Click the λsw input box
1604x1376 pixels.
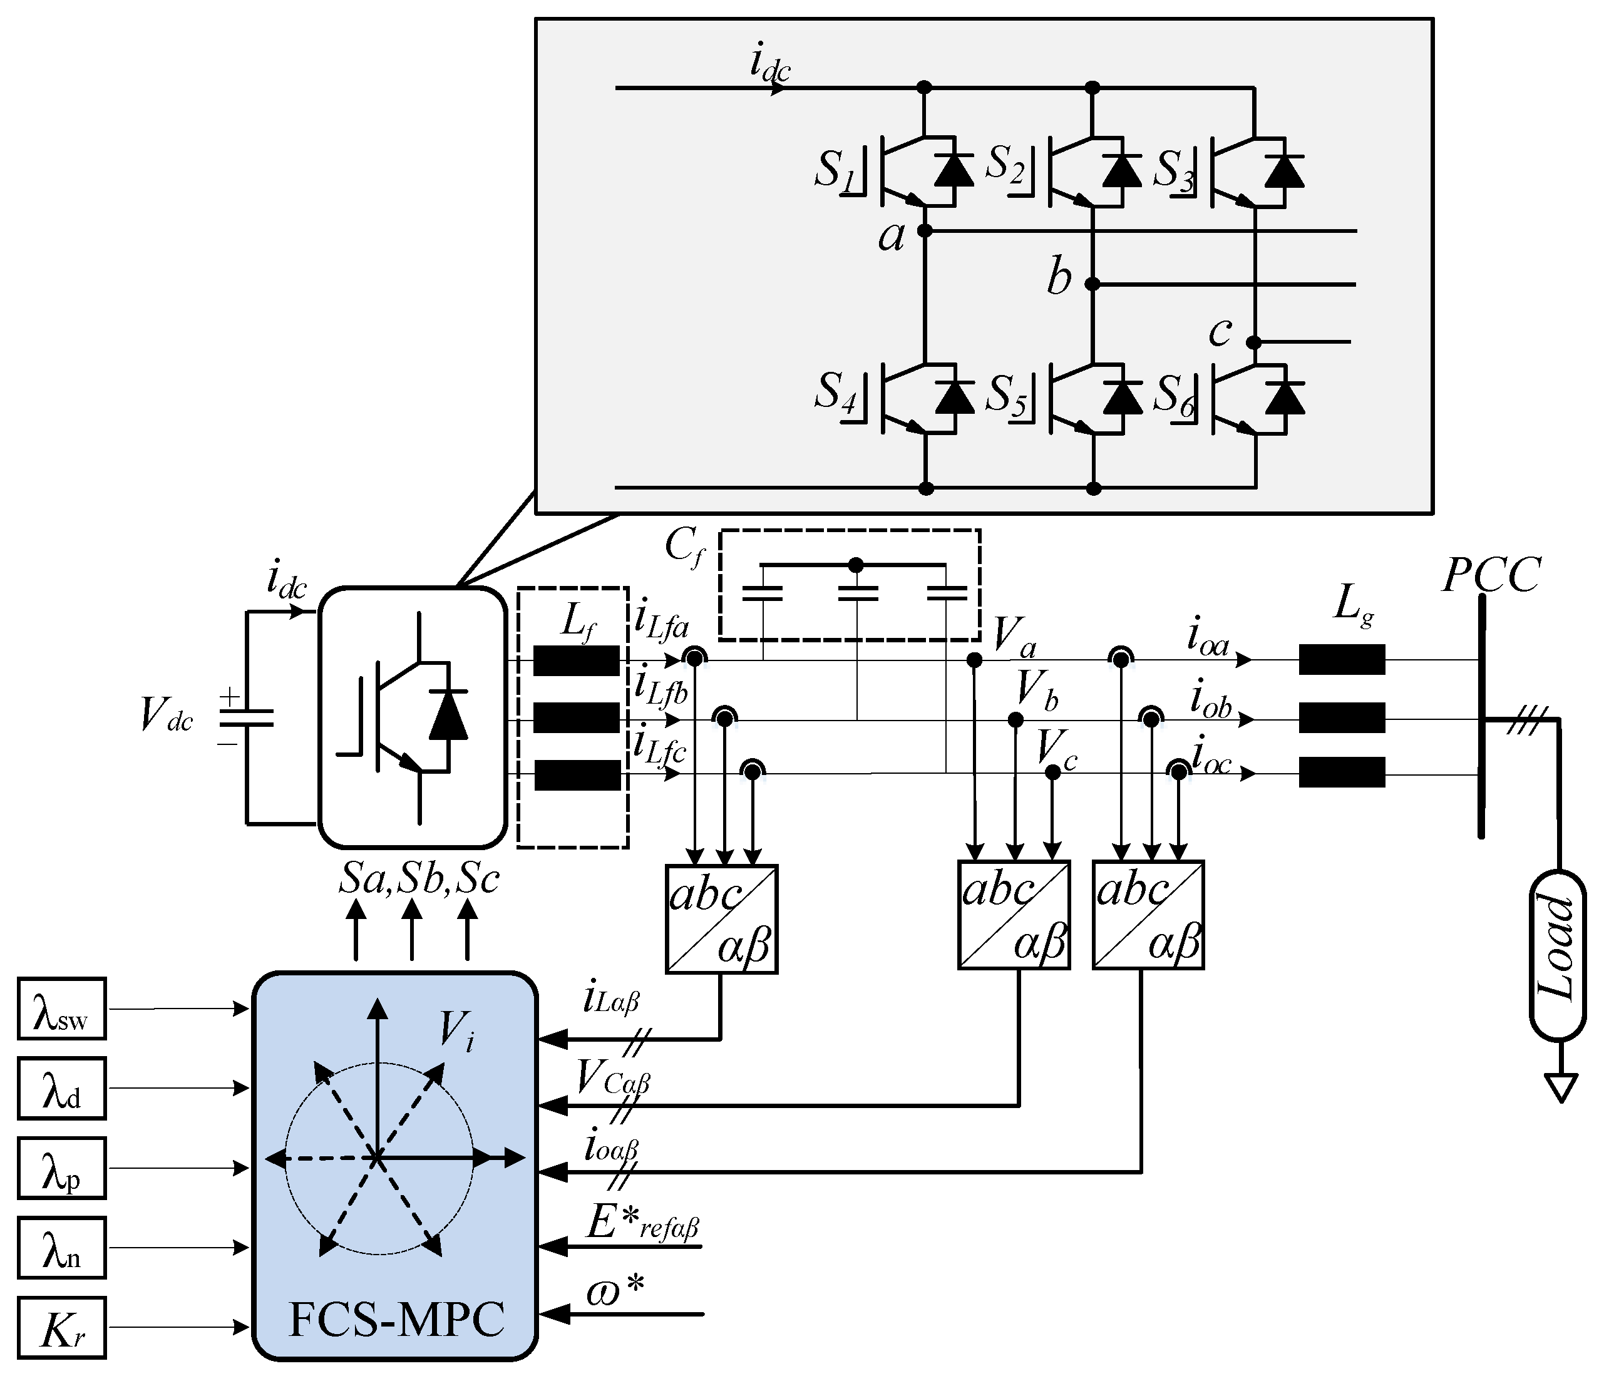pyautogui.click(x=61, y=1009)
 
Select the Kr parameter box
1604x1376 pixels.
pyautogui.click(x=61, y=1327)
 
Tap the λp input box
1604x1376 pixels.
pyautogui.click(x=61, y=1168)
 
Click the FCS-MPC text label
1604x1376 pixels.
pyautogui.click(x=396, y=1320)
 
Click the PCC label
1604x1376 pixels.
pyautogui.click(x=1491, y=575)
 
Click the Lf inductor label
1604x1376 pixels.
pyautogui.click(x=577, y=620)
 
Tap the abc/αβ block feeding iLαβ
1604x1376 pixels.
pyautogui.click(x=721, y=918)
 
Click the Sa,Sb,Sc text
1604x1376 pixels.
pyautogui.click(x=419, y=879)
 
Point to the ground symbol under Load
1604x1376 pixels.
pyautogui.click(x=1561, y=1087)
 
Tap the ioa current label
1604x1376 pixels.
pyautogui.click(x=1208, y=639)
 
